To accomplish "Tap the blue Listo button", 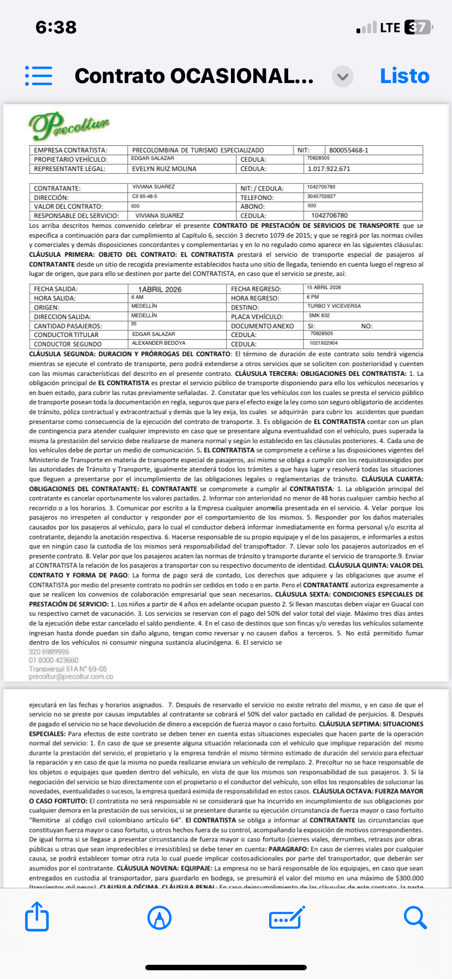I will coord(405,76).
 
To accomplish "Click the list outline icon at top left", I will coord(39,76).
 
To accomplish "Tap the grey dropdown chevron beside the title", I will coord(343,76).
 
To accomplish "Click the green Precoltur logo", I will coord(69,126).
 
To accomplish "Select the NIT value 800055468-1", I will coord(348,150).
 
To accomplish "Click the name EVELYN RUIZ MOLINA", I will coord(164,169).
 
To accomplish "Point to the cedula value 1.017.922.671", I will coord(329,169).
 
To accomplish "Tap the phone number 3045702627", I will coord(321,196).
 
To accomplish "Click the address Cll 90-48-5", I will coord(145,196).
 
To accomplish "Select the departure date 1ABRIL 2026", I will coord(159,290).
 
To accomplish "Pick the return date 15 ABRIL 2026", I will coord(324,287).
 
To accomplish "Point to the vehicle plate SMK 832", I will coord(319,316).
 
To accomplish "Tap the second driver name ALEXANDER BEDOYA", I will coord(158,343).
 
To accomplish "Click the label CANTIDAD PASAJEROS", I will coord(68,326).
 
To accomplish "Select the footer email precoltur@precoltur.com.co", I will coord(71,677).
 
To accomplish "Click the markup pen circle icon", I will coord(159,918).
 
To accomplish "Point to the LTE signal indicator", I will coord(390,27).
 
